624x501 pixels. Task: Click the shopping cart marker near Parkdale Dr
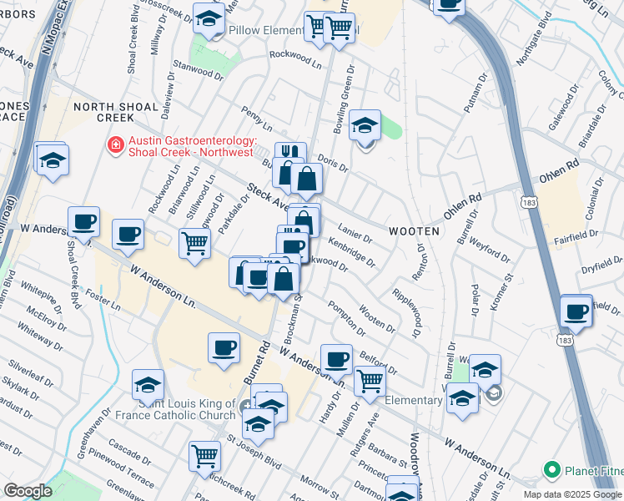coord(194,244)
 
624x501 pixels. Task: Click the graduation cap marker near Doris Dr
coord(365,126)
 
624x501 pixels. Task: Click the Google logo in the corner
coord(28,491)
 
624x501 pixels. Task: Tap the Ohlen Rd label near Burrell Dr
coord(463,205)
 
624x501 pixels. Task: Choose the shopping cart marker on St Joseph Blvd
coord(204,456)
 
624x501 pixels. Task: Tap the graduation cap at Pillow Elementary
coord(209,18)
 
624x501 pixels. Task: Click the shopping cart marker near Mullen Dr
coord(370,381)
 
